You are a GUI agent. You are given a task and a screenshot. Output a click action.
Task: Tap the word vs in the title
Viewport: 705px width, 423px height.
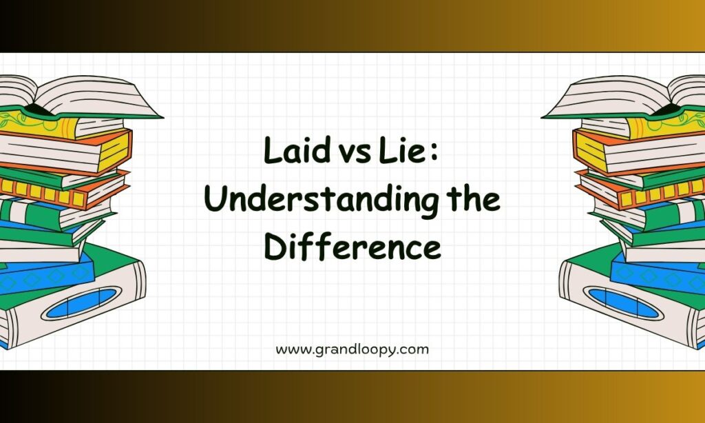[x=355, y=154]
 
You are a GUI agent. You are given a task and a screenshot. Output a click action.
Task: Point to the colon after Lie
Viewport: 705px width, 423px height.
[x=434, y=154]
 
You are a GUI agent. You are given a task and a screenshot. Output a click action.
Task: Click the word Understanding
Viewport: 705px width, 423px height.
[x=321, y=200]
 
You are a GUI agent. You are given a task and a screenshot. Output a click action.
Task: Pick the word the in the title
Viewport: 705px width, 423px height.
[x=474, y=198]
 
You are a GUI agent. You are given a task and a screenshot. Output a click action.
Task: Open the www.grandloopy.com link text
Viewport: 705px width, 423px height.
[x=352, y=350]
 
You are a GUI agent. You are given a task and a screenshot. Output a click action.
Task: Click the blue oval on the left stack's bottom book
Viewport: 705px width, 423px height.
[x=81, y=303]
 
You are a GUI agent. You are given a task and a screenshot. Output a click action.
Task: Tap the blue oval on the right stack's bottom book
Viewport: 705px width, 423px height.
[x=624, y=303]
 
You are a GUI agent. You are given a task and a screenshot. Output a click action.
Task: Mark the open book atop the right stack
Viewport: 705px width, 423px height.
[x=624, y=97]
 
